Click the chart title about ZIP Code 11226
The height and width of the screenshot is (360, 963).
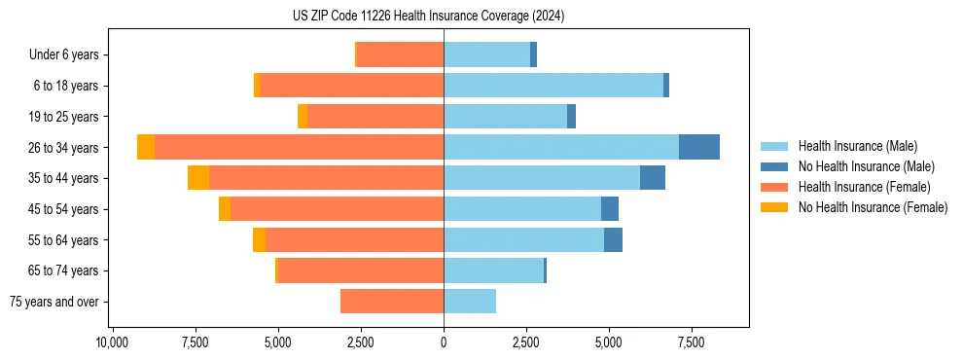[x=428, y=17]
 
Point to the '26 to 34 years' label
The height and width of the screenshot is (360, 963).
[x=63, y=148]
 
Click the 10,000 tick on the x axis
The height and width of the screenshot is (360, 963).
[x=113, y=342]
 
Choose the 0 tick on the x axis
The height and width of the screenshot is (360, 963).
[x=444, y=342]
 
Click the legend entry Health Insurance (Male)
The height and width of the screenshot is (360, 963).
[x=857, y=146]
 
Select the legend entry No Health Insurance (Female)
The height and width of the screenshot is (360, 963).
[x=873, y=207]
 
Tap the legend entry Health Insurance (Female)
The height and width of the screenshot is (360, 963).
[x=864, y=187]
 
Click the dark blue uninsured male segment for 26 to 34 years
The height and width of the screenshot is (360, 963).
[x=699, y=147]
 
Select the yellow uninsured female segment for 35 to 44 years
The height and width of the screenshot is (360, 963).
[x=198, y=178]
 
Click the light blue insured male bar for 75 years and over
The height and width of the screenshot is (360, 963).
[x=470, y=302]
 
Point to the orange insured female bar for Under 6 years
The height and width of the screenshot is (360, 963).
[x=401, y=54]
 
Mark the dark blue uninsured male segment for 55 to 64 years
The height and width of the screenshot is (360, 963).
[x=613, y=239]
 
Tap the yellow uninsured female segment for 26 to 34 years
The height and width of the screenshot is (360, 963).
[x=146, y=147]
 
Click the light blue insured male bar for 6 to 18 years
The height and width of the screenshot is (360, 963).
[x=553, y=86]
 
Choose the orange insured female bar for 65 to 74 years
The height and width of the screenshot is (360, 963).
[x=361, y=270]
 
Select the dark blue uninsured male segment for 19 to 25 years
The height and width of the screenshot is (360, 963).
[x=571, y=117]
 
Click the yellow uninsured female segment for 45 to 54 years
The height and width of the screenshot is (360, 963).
[x=225, y=209]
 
